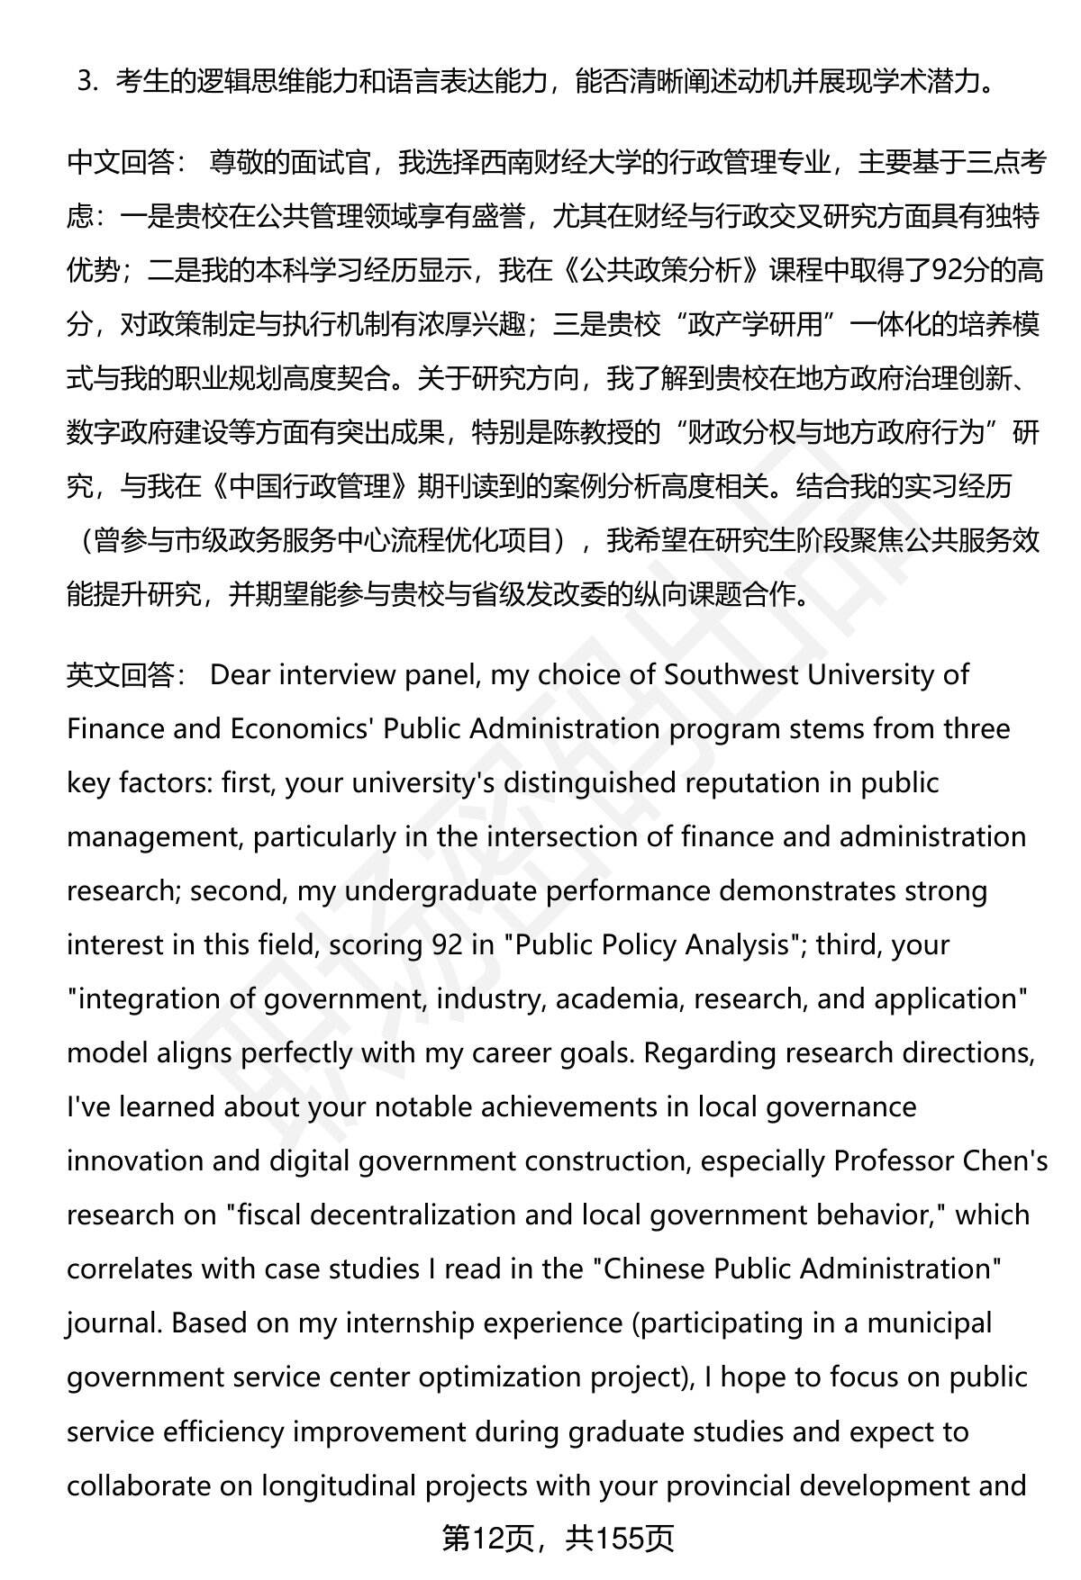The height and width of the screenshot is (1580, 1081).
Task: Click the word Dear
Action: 240,674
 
